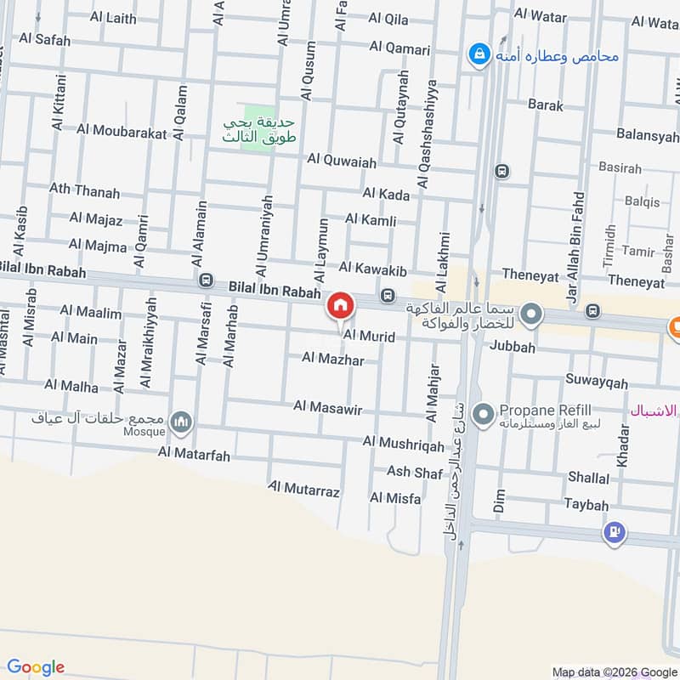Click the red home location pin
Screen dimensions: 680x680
click(x=340, y=305)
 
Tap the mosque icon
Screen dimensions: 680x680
click(x=180, y=421)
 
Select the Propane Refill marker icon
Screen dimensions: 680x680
click(x=483, y=415)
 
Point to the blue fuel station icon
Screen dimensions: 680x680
click(x=614, y=534)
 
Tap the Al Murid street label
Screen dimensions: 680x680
click(x=369, y=337)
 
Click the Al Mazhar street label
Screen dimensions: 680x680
click(x=333, y=360)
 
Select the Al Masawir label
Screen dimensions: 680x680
click(x=328, y=409)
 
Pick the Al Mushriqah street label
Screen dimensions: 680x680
click(x=404, y=444)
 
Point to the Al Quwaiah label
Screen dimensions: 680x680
click(x=343, y=159)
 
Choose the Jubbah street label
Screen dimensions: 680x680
click(x=513, y=347)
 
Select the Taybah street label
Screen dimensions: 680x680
click(x=586, y=505)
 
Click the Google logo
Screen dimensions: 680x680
click(x=36, y=666)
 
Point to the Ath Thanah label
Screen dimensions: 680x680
click(x=84, y=192)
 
